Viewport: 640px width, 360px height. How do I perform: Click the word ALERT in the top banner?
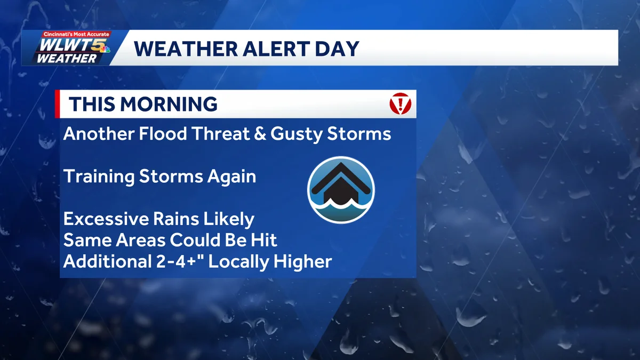[x=276, y=49]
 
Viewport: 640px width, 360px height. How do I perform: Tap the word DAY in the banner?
[x=337, y=49]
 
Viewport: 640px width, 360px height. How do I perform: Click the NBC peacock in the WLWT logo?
[x=105, y=49]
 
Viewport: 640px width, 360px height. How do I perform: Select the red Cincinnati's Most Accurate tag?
[x=76, y=34]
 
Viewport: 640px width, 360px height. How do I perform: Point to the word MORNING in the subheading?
[x=169, y=104]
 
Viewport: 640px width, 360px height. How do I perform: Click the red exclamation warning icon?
[x=401, y=103]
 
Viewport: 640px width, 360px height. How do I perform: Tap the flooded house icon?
[x=341, y=190]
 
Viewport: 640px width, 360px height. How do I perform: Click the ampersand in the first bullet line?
[x=260, y=134]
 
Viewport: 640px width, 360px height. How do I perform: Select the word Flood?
[x=163, y=133]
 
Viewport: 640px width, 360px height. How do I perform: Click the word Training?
[x=99, y=177]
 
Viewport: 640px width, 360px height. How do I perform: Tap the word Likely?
[x=228, y=219]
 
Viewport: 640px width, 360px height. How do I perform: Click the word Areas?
[x=140, y=240]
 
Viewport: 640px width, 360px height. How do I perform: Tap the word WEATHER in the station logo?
[x=67, y=59]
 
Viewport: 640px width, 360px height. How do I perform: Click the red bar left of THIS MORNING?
[x=57, y=104]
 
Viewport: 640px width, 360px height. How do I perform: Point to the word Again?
[x=231, y=177]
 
